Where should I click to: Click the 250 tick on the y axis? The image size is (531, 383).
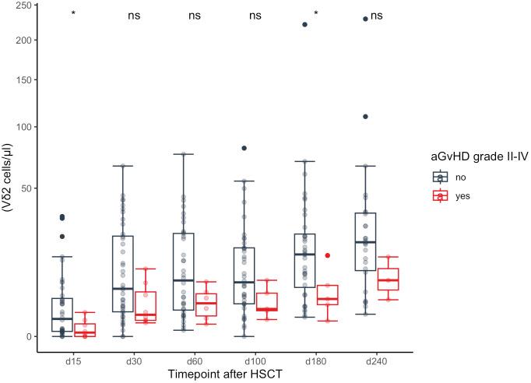(x=23, y=6)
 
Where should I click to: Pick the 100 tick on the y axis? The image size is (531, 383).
(x=23, y=127)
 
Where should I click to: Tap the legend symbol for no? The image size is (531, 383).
(x=441, y=177)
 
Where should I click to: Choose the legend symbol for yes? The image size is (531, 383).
(x=441, y=196)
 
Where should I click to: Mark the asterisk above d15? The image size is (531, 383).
(x=73, y=15)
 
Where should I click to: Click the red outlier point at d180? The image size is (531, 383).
(x=328, y=255)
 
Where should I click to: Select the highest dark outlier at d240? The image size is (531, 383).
(x=365, y=19)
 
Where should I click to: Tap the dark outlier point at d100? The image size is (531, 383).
(x=244, y=148)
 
